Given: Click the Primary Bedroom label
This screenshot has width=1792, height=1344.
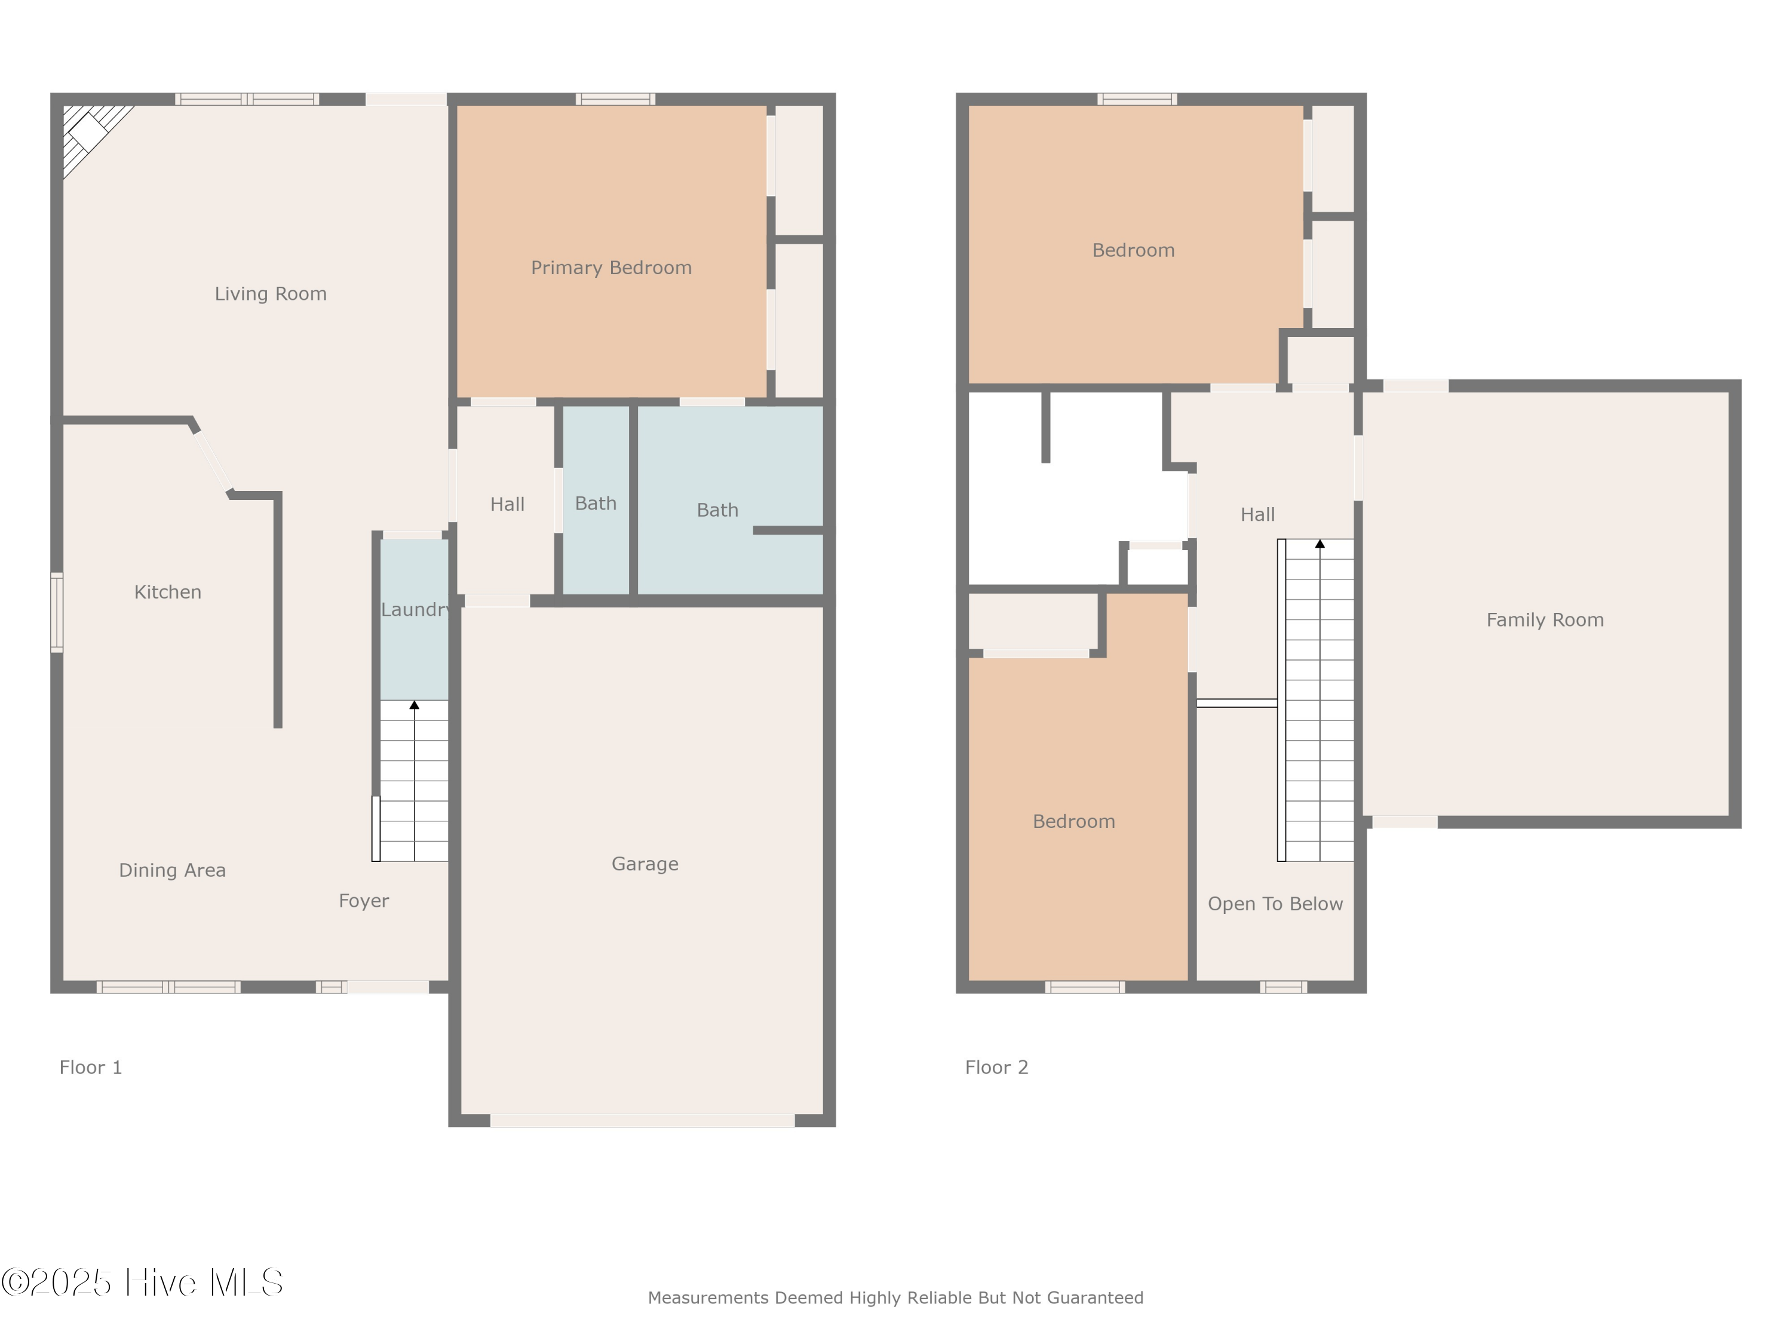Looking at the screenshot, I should click(x=611, y=268).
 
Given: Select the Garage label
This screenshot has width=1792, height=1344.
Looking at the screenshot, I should click(x=645, y=864).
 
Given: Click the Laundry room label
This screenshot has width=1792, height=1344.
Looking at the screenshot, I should click(x=415, y=610).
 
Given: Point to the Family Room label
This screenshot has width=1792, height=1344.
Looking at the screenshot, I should click(x=1544, y=621).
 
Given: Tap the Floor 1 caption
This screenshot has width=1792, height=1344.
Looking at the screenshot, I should click(x=90, y=1068).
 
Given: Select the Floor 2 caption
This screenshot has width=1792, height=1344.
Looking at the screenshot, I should click(x=996, y=1068).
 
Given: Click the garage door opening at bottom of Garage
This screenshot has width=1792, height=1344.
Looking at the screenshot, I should click(x=642, y=1121).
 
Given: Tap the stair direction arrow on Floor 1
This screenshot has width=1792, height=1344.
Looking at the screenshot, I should click(x=414, y=705).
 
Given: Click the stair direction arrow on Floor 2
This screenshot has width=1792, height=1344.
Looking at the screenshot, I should click(x=1320, y=544).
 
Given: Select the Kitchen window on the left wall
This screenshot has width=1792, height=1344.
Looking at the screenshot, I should click(x=57, y=612).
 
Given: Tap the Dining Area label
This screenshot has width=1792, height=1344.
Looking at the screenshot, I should click(x=172, y=871).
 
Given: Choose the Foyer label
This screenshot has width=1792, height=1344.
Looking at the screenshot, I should click(x=364, y=901).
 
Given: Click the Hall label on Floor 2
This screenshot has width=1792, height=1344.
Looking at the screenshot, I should click(x=1257, y=515).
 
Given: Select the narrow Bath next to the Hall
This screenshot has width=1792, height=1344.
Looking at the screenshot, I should click(x=596, y=504).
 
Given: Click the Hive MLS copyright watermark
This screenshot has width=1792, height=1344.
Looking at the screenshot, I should click(x=143, y=1282).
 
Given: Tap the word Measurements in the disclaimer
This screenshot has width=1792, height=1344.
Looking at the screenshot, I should click(x=708, y=1299).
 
